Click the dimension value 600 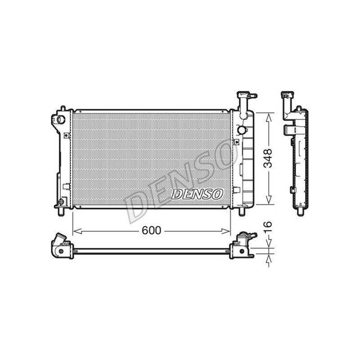(x=151, y=230)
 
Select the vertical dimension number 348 (x=268, y=158)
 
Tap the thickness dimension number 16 (x=268, y=227)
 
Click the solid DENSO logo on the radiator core (x=197, y=194)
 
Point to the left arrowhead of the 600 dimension (x=77, y=231)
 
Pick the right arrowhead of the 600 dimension (x=225, y=231)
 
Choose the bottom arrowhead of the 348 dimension (x=269, y=199)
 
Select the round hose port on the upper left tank (x=61, y=119)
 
